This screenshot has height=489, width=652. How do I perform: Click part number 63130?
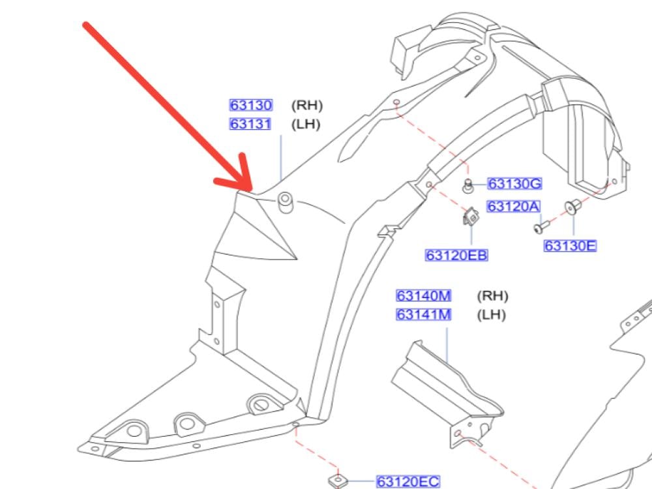click(250, 105)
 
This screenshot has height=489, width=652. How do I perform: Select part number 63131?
click(250, 124)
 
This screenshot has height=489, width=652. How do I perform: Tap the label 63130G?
click(514, 185)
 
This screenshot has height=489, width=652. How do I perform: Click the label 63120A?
click(514, 207)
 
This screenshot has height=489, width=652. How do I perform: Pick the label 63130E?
click(570, 246)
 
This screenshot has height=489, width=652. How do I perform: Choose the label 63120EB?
click(456, 255)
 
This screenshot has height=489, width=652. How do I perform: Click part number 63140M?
click(424, 296)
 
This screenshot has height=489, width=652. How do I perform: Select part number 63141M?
click(424, 315)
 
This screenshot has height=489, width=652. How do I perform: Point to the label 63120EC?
click(408, 482)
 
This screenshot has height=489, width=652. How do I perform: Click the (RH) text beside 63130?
click(306, 105)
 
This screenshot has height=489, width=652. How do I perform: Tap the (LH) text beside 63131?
click(305, 124)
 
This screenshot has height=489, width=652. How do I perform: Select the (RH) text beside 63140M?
click(492, 296)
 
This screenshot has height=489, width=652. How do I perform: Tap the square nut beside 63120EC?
click(338, 481)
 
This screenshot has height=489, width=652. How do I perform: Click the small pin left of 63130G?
click(467, 186)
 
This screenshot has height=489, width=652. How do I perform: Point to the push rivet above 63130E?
click(574, 207)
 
